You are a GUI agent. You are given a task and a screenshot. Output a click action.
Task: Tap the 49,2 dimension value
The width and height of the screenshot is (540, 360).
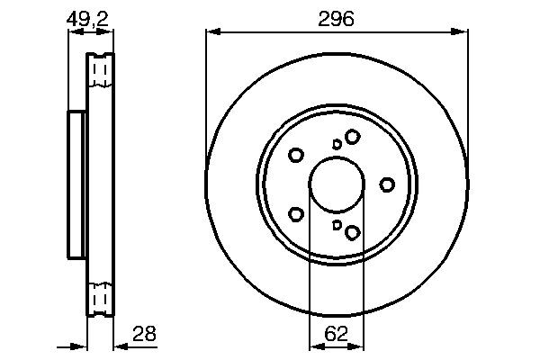tap(91, 17)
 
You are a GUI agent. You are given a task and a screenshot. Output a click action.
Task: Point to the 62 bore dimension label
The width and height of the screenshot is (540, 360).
tap(336, 333)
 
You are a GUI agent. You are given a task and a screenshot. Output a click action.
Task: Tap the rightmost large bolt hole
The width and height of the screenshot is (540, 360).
tap(387, 184)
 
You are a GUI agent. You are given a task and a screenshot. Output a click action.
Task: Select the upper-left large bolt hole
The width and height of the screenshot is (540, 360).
tap(295, 155)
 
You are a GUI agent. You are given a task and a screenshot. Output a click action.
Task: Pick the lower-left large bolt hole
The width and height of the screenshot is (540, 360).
tap(295, 214)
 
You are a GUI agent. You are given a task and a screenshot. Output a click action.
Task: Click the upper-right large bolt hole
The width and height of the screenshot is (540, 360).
tap(352, 136)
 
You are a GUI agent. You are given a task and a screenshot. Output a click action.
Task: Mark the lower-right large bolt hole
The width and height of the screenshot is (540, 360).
tap(352, 233)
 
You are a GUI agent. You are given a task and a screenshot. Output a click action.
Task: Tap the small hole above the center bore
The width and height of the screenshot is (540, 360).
tap(337, 143)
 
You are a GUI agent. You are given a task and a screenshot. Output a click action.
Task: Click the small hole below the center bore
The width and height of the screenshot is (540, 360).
tap(337, 225)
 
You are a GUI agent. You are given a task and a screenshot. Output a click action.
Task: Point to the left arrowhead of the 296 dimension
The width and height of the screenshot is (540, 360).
tap(212, 32)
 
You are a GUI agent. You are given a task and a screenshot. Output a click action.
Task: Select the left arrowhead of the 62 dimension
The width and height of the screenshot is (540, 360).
tap(315, 346)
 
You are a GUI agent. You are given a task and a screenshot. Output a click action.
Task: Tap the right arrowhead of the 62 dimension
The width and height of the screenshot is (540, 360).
tap(357, 346)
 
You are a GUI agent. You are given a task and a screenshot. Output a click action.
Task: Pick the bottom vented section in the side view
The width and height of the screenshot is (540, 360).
tap(100, 297)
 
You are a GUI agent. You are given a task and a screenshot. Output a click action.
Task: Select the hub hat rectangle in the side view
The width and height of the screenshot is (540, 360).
tap(76, 184)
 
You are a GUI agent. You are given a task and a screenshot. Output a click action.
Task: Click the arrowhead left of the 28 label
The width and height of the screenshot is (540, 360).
tap(120, 346)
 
